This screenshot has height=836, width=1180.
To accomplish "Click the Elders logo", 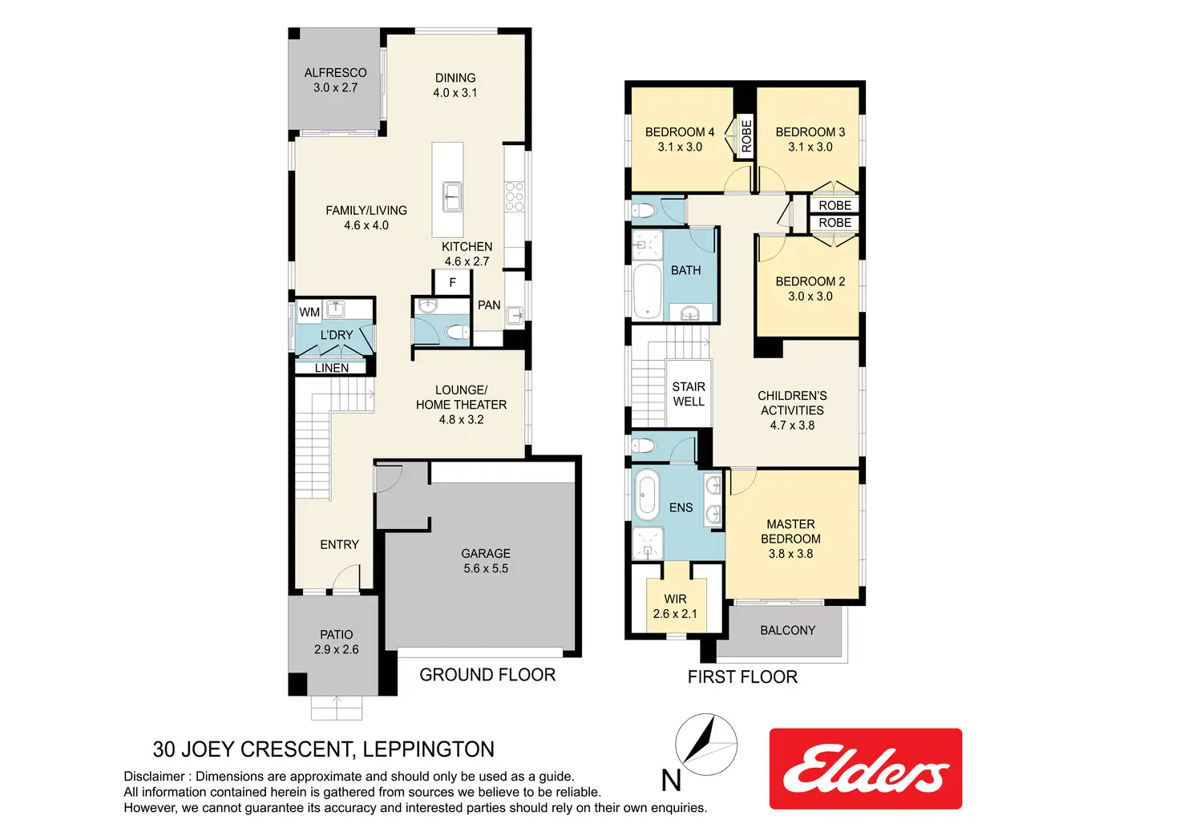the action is pyautogui.click(x=866, y=768).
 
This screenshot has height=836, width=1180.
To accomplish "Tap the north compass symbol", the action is pyautogui.click(x=706, y=745).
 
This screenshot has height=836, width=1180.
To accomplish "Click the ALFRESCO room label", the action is pyautogui.click(x=336, y=73).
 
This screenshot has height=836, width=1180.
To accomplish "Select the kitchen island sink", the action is pyautogui.click(x=452, y=196).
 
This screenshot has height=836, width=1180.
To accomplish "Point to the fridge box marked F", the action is pyautogui.click(x=452, y=283).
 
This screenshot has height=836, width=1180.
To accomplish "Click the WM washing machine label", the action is pyautogui.click(x=309, y=313).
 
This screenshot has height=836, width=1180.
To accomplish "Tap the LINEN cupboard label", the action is pyautogui.click(x=332, y=368).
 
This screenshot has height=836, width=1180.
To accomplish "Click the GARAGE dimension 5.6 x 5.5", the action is pyautogui.click(x=486, y=568).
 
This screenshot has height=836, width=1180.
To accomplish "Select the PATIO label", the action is pyautogui.click(x=337, y=635).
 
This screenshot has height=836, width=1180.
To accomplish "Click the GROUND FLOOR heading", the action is pyautogui.click(x=487, y=675).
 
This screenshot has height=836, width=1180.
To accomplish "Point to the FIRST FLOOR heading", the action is pyautogui.click(x=742, y=677).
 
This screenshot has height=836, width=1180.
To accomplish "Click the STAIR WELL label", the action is pyautogui.click(x=689, y=394).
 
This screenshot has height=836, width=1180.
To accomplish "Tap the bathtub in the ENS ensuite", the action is pyautogui.click(x=646, y=495).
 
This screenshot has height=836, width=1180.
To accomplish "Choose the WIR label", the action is pyautogui.click(x=675, y=599).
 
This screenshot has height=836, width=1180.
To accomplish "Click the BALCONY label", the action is pyautogui.click(x=787, y=630).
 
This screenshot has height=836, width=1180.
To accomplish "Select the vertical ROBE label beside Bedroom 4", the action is pyautogui.click(x=746, y=136).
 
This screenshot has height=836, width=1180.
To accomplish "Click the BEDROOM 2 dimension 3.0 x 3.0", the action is pyautogui.click(x=810, y=296).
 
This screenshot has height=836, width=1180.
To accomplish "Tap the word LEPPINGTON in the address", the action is pyautogui.click(x=428, y=749).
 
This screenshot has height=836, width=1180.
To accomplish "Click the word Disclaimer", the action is pyautogui.click(x=155, y=777).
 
